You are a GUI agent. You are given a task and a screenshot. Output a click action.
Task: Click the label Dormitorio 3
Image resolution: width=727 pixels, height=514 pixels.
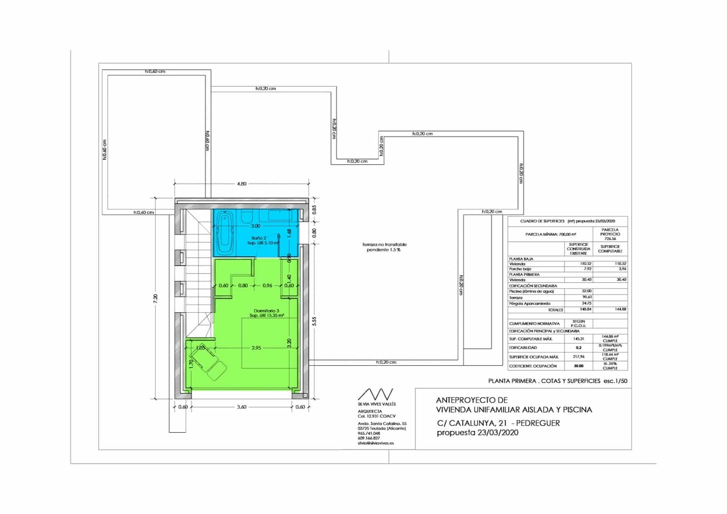[x=266, y=310]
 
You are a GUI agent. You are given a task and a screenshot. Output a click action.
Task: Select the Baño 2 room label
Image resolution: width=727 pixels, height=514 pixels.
[x=259, y=238]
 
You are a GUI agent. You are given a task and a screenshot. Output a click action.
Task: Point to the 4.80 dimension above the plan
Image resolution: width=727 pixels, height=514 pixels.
[x=242, y=184]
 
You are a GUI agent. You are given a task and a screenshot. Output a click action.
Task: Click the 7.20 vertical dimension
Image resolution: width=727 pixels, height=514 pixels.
[x=156, y=298]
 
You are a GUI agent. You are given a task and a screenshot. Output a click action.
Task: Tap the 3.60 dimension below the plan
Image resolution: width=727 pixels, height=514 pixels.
[x=242, y=407]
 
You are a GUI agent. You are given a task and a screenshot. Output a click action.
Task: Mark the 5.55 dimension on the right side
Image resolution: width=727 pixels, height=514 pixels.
[x=314, y=321]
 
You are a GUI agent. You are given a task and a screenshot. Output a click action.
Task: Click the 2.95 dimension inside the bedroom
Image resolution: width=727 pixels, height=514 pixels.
[x=256, y=348]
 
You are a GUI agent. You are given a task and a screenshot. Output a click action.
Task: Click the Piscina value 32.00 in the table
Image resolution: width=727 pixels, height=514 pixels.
[x=586, y=291]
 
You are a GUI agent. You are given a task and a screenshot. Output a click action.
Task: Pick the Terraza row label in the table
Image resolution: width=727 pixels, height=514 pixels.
[x=516, y=298]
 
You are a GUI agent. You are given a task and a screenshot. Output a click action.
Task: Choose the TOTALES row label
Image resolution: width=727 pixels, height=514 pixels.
[x=555, y=310]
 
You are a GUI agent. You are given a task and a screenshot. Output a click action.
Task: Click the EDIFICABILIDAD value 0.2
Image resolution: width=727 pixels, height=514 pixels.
[x=578, y=348]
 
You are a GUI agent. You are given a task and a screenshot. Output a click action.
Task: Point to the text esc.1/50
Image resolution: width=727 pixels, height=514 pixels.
[x=616, y=381]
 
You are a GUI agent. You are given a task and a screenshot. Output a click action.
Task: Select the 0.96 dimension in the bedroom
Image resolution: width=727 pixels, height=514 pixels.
[x=268, y=286]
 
